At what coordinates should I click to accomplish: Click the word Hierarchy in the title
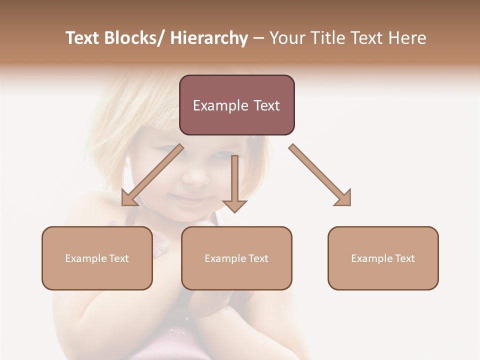[x=209, y=38]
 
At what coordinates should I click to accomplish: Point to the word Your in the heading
[x=287, y=38]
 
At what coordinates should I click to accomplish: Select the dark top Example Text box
[x=236, y=105]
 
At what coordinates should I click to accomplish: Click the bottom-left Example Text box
[x=97, y=258]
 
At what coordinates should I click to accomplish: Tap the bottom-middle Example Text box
[x=236, y=258]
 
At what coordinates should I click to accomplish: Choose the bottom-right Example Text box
[x=383, y=258]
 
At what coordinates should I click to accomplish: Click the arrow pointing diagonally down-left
[x=152, y=175]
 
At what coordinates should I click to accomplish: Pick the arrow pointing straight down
[x=234, y=182]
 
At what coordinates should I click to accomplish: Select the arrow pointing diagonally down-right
[x=320, y=175]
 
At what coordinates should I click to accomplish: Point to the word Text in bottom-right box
[x=404, y=258]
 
